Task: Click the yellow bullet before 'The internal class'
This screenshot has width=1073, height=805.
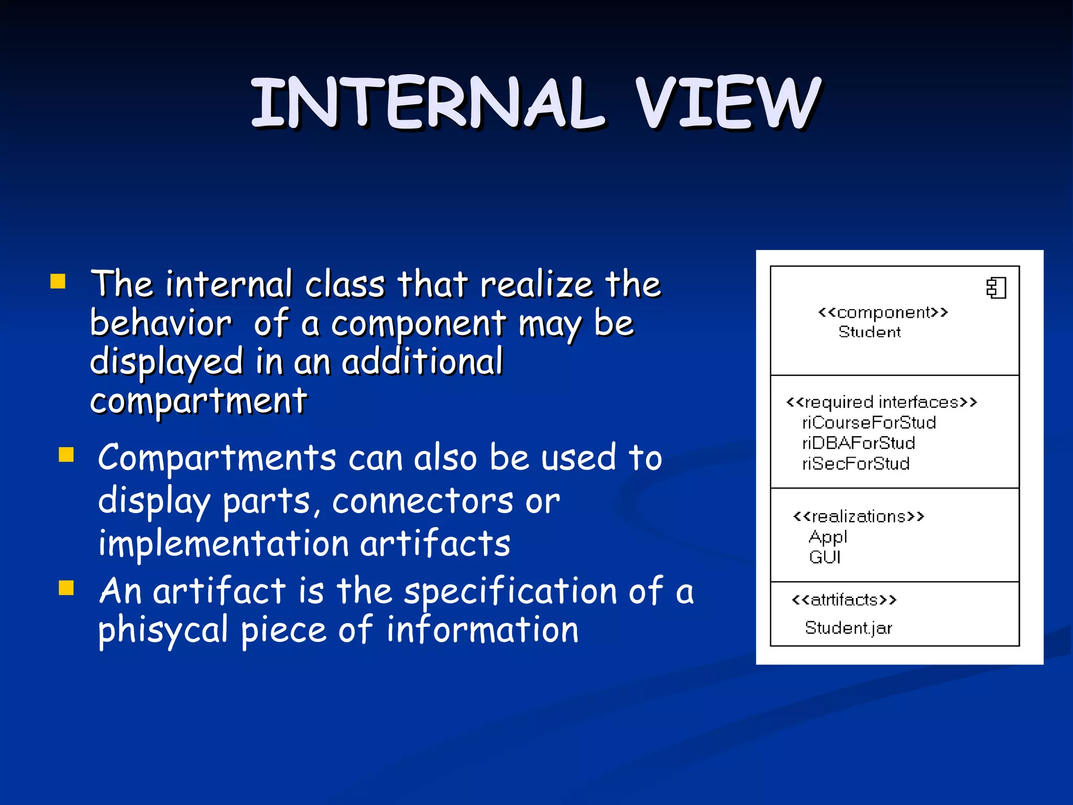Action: click(58, 281)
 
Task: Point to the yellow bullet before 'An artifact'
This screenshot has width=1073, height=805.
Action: click(67, 588)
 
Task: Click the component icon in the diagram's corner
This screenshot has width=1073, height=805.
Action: click(996, 288)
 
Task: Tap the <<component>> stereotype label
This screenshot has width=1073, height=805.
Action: click(883, 313)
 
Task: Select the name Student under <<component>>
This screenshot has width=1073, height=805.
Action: click(869, 332)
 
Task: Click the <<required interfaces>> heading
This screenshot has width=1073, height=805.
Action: click(881, 402)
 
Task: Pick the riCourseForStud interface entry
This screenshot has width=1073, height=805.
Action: click(869, 423)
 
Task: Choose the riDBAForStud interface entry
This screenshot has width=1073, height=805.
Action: click(858, 443)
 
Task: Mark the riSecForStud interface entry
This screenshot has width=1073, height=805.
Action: click(856, 464)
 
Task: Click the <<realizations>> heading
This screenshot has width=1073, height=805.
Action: click(858, 517)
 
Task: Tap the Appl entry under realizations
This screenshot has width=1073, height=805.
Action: click(827, 537)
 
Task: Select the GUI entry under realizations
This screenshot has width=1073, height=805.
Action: click(825, 557)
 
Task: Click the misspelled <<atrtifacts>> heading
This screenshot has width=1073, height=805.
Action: click(844, 600)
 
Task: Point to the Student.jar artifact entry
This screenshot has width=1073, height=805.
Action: click(848, 628)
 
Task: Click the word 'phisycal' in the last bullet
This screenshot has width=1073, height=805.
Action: click(163, 630)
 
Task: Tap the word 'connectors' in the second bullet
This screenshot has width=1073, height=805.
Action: click(422, 502)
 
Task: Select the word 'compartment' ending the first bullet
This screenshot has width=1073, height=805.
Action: click(199, 401)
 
